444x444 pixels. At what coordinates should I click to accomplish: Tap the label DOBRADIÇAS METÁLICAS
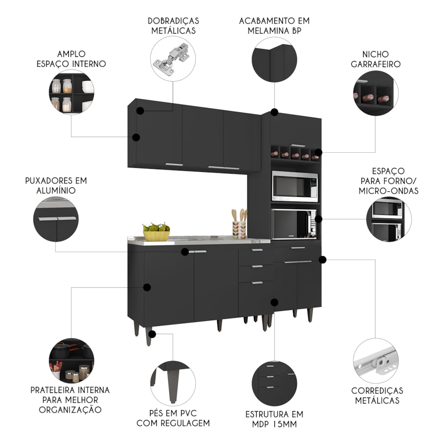pyautogui.click(x=173, y=26)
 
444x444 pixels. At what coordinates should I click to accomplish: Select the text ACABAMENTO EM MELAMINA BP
pyautogui.click(x=274, y=26)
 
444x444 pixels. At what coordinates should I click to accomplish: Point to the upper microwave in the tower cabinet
pyautogui.click(x=295, y=186)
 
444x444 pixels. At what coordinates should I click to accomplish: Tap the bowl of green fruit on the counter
pyautogui.click(x=156, y=232)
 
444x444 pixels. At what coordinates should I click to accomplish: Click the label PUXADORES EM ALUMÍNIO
pyautogui.click(x=56, y=185)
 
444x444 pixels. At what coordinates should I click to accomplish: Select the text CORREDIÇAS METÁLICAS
pyautogui.click(x=377, y=395)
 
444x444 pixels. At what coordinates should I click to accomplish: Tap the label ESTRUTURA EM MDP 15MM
pyautogui.click(x=274, y=419)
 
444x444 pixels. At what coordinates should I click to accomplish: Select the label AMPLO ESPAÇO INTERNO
pyautogui.click(x=71, y=59)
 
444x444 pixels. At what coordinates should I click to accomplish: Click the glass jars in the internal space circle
pyautogui.click(x=62, y=94)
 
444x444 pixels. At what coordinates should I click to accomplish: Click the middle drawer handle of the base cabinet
pyautogui.click(x=257, y=266)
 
